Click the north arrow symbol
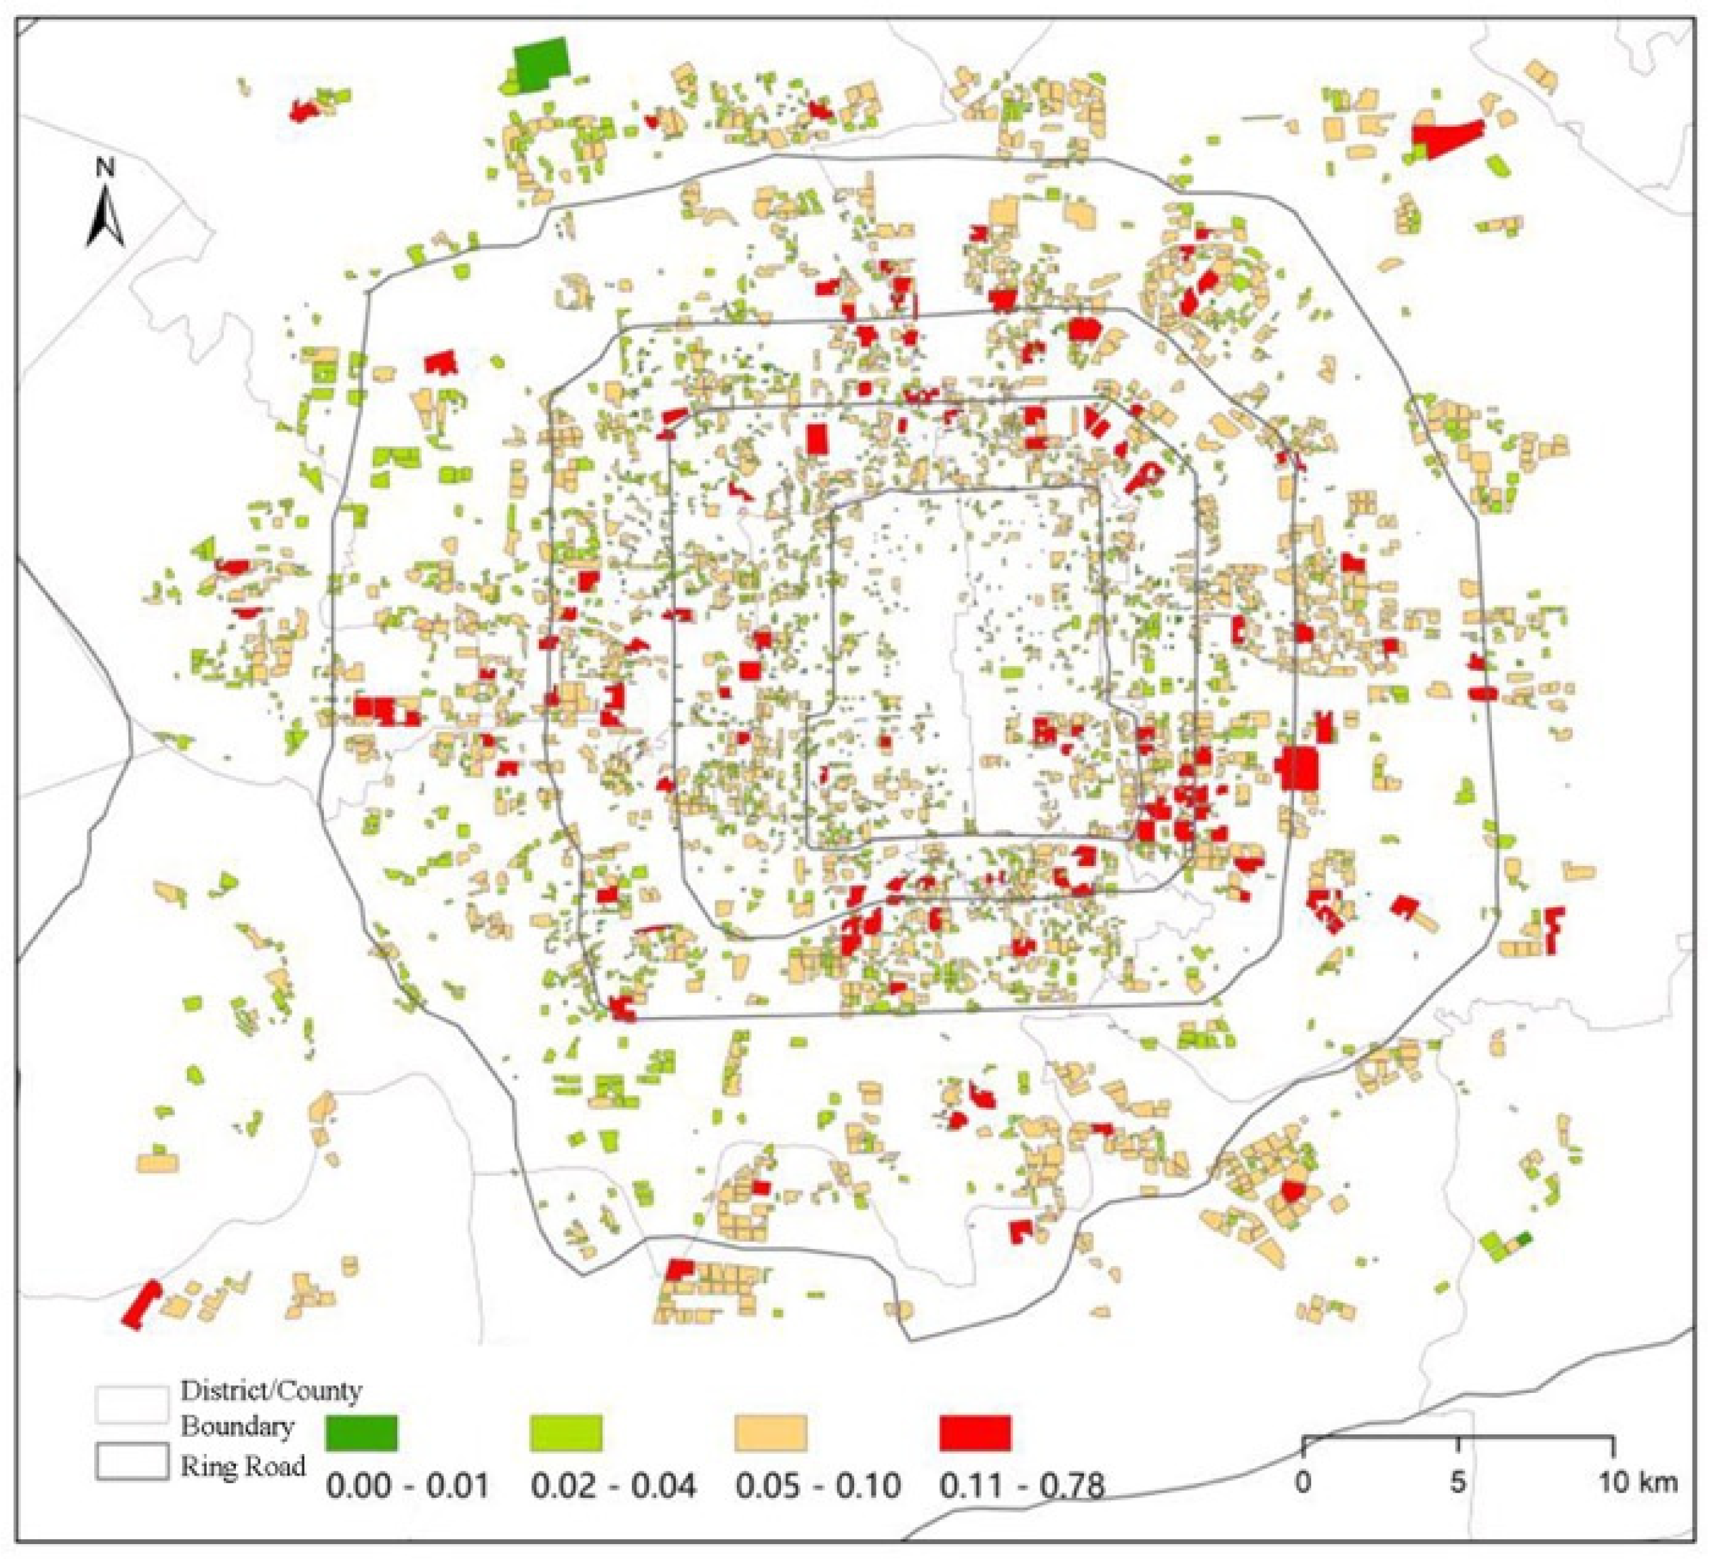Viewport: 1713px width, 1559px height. pyautogui.click(x=106, y=218)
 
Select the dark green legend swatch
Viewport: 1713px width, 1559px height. pyautogui.click(x=361, y=1432)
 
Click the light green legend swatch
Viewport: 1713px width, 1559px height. pyautogui.click(x=566, y=1432)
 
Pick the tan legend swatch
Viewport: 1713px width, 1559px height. pyautogui.click(x=770, y=1432)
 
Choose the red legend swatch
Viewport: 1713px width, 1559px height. pyautogui.click(x=975, y=1432)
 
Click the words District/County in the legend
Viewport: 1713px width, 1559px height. pyautogui.click(x=271, y=1391)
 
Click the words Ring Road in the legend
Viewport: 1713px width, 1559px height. pyautogui.click(x=242, y=1466)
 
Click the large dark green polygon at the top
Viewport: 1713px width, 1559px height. pyautogui.click(x=541, y=61)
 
